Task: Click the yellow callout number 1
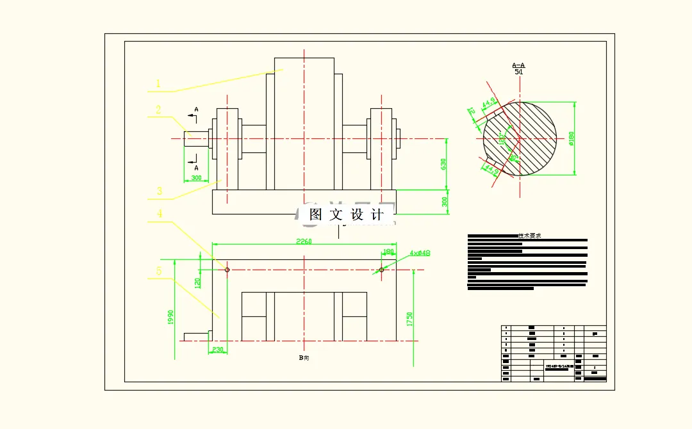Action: pos(158,83)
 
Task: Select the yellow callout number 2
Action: pos(158,110)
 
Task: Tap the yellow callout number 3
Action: pos(159,191)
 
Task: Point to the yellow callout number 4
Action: pos(159,214)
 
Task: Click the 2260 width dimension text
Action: pos(304,241)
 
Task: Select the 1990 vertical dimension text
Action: pos(171,317)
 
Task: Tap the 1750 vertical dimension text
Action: pos(409,319)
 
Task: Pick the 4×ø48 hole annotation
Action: pos(420,253)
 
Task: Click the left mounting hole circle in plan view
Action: pos(227,270)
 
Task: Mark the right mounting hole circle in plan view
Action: pos(381,270)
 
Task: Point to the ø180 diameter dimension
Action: pos(571,138)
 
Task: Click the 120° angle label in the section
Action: pos(503,137)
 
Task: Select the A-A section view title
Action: pos(518,65)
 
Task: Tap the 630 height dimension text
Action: pos(443,164)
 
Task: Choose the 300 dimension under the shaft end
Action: pos(196,177)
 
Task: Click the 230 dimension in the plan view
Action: pos(218,350)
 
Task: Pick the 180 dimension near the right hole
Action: pos(388,252)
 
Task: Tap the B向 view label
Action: pos(304,358)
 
